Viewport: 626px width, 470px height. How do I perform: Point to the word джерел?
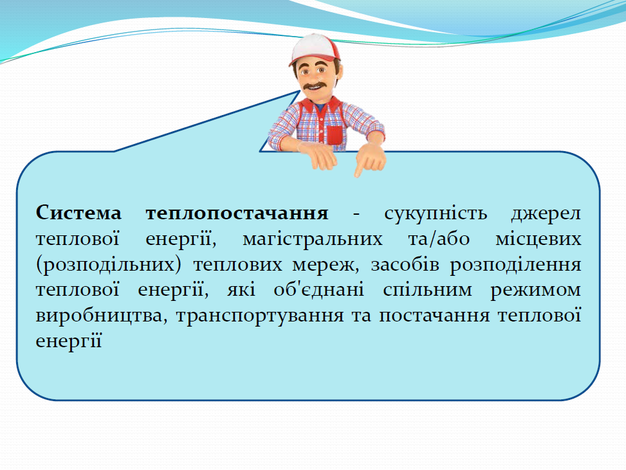[546, 213]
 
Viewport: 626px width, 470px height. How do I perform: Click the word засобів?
[403, 264]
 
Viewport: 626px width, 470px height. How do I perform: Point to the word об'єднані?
[320, 290]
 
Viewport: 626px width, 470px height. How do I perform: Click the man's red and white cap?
[313, 48]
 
